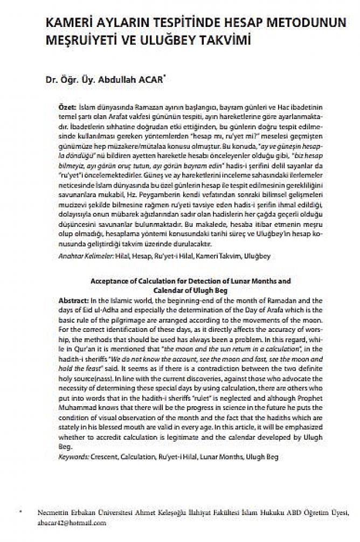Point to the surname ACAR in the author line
pyautogui.click(x=157, y=80)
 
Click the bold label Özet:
pyautogui.click(x=67, y=108)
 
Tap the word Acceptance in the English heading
pyautogui.click(x=110, y=281)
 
